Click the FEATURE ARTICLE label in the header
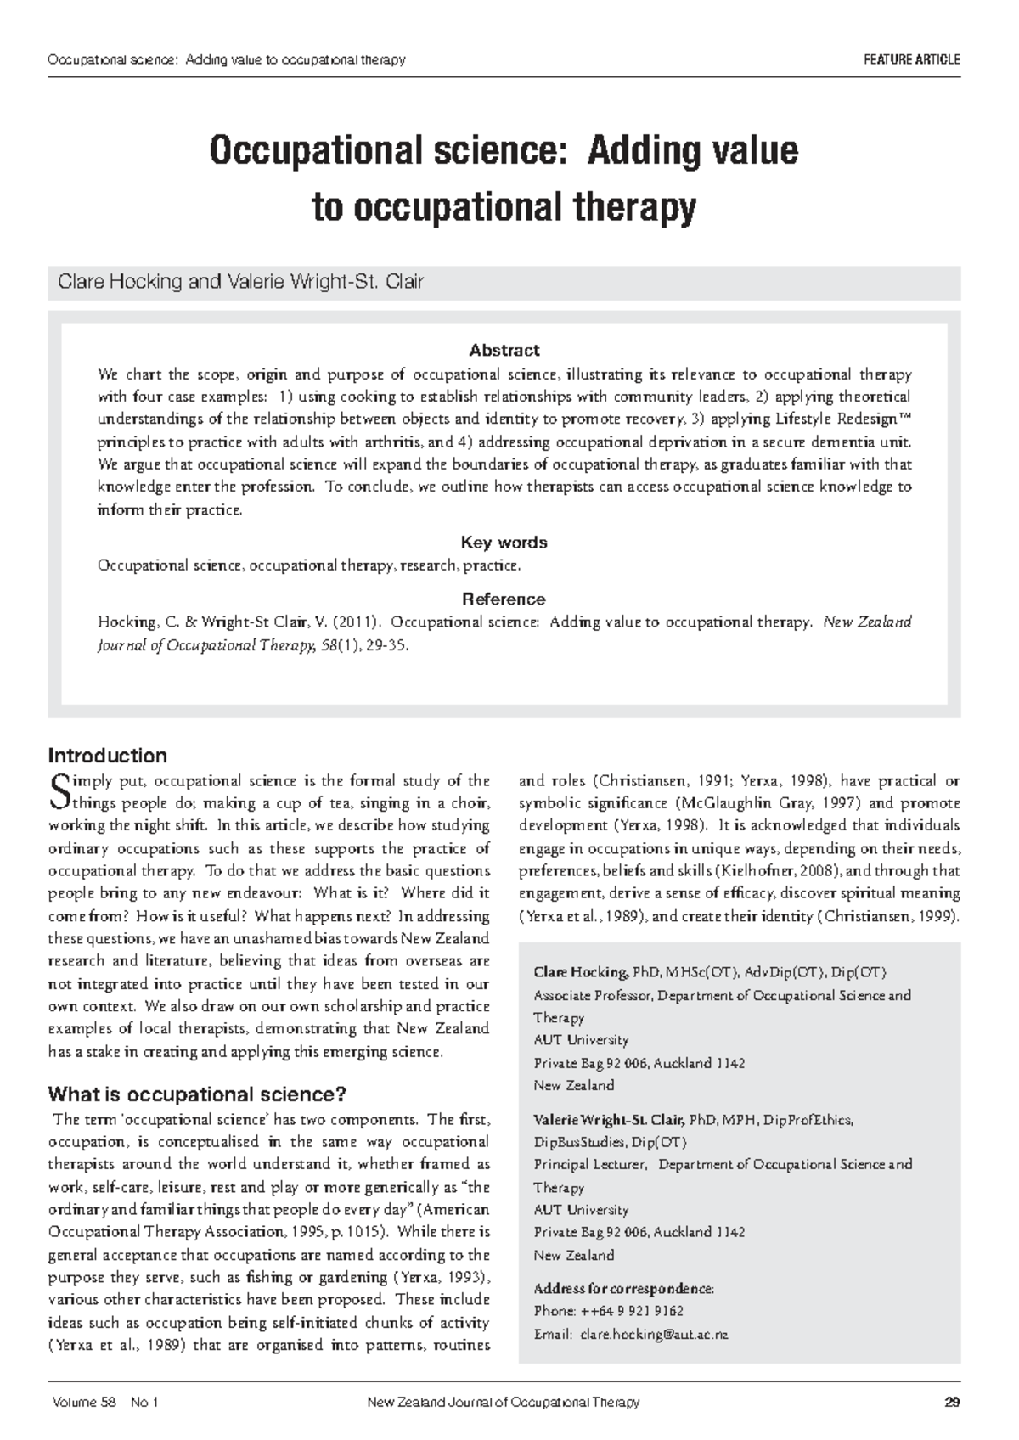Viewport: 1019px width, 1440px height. coord(911,59)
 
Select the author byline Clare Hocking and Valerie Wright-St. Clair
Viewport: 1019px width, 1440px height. coord(239,282)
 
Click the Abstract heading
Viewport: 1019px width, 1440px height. coord(504,350)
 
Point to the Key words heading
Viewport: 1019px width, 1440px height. coord(504,542)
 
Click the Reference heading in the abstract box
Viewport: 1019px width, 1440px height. coord(504,599)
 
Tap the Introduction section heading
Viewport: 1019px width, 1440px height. coord(108,755)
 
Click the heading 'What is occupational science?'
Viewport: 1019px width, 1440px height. coord(197,1094)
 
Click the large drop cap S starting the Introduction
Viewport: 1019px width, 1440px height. coord(59,791)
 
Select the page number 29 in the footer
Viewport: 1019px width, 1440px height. coord(952,1403)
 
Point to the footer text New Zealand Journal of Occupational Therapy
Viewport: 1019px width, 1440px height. coord(503,1403)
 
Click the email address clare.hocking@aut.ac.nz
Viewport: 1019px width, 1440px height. coord(654,1335)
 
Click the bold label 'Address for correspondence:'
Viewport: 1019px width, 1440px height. coord(624,1288)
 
